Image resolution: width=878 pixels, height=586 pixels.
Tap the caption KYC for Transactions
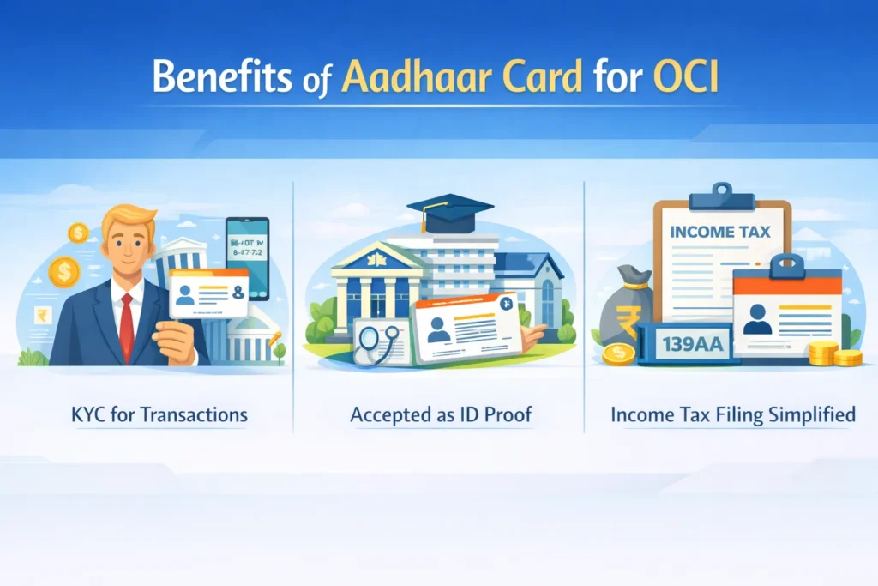coord(159,416)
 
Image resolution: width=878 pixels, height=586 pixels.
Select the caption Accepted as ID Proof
coord(441,416)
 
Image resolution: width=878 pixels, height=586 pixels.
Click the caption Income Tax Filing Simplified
coord(733,416)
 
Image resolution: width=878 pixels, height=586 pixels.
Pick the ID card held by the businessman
coord(208,292)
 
